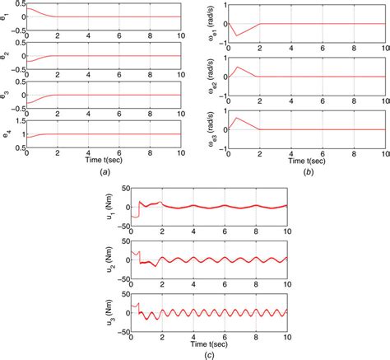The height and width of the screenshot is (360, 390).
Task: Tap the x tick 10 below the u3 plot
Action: tap(287, 335)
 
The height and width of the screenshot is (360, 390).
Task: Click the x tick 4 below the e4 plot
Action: tap(88, 153)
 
